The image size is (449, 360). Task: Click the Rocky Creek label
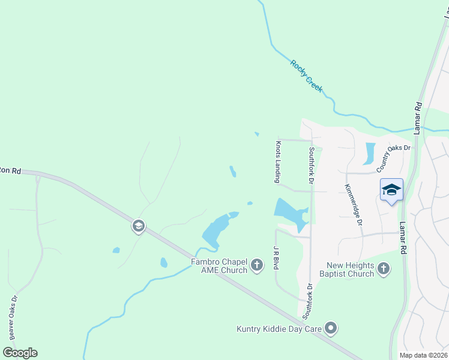(x=306, y=76)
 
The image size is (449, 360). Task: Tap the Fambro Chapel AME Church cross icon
(x=257, y=265)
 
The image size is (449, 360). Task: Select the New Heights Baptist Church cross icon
(x=385, y=269)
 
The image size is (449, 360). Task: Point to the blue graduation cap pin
(x=391, y=191)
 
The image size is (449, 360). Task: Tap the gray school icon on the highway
(x=137, y=226)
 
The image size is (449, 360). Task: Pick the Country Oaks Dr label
(x=394, y=157)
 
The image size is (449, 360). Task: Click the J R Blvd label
(x=277, y=258)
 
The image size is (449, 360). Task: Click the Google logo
(x=20, y=353)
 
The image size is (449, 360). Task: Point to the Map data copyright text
(x=423, y=355)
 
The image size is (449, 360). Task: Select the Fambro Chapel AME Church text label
(x=219, y=266)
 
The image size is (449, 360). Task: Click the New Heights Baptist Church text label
(x=351, y=269)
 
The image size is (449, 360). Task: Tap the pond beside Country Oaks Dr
(x=369, y=154)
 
